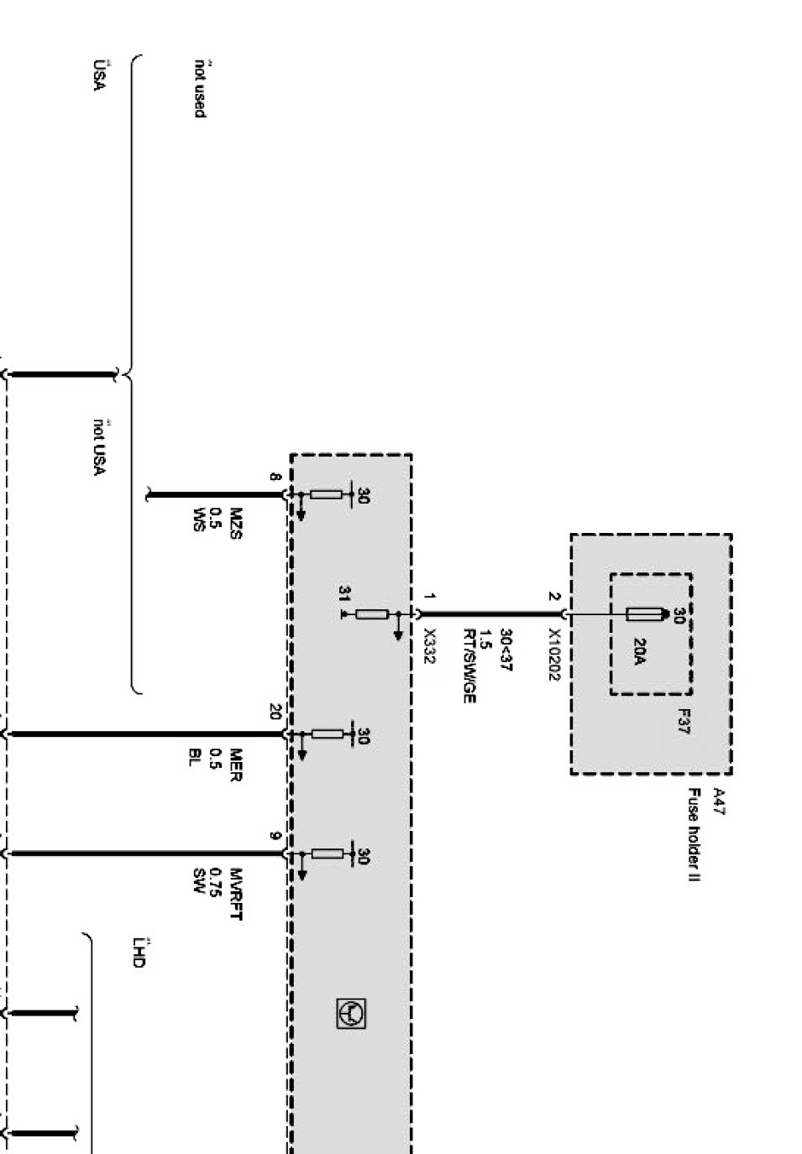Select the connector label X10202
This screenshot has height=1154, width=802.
pos(555,655)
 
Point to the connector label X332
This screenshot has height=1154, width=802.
pos(429,646)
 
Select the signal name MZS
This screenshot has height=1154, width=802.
pos(236,523)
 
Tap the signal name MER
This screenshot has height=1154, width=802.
pos(236,765)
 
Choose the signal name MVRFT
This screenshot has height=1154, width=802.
pos(236,894)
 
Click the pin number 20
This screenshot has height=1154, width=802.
pos(275,712)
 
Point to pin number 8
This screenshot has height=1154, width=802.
pos(275,477)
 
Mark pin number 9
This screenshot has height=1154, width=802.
pos(275,835)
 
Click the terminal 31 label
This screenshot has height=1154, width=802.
pos(344,593)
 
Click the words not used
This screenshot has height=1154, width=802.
pos(200,88)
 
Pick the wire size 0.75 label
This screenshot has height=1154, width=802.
pos(216,883)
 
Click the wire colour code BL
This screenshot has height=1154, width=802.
pos(196,758)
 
